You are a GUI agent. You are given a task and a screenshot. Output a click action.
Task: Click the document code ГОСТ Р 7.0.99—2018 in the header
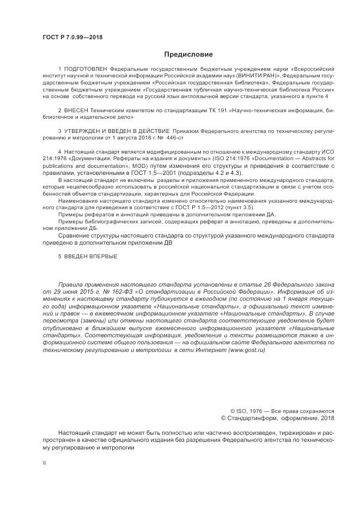pyautogui.click(x=72, y=37)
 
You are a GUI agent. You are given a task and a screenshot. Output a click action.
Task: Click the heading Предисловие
pyautogui.click(x=188, y=54)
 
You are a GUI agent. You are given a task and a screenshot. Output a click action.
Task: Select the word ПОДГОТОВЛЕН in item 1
pyautogui.click(x=86, y=70)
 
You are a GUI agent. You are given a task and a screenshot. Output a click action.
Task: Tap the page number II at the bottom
pyautogui.click(x=45, y=462)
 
